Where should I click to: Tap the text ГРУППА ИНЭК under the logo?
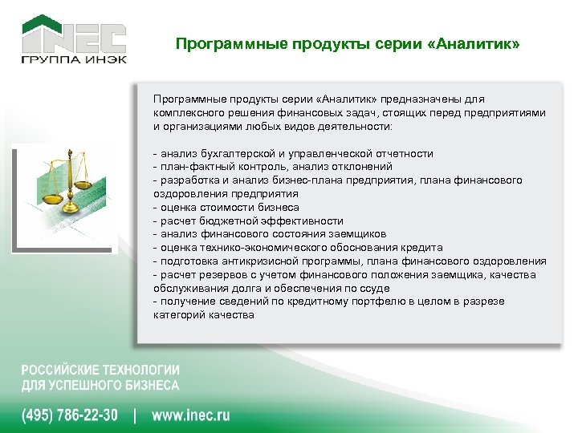(74, 60)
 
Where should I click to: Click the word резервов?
(217, 275)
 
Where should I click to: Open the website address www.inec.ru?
(190, 415)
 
